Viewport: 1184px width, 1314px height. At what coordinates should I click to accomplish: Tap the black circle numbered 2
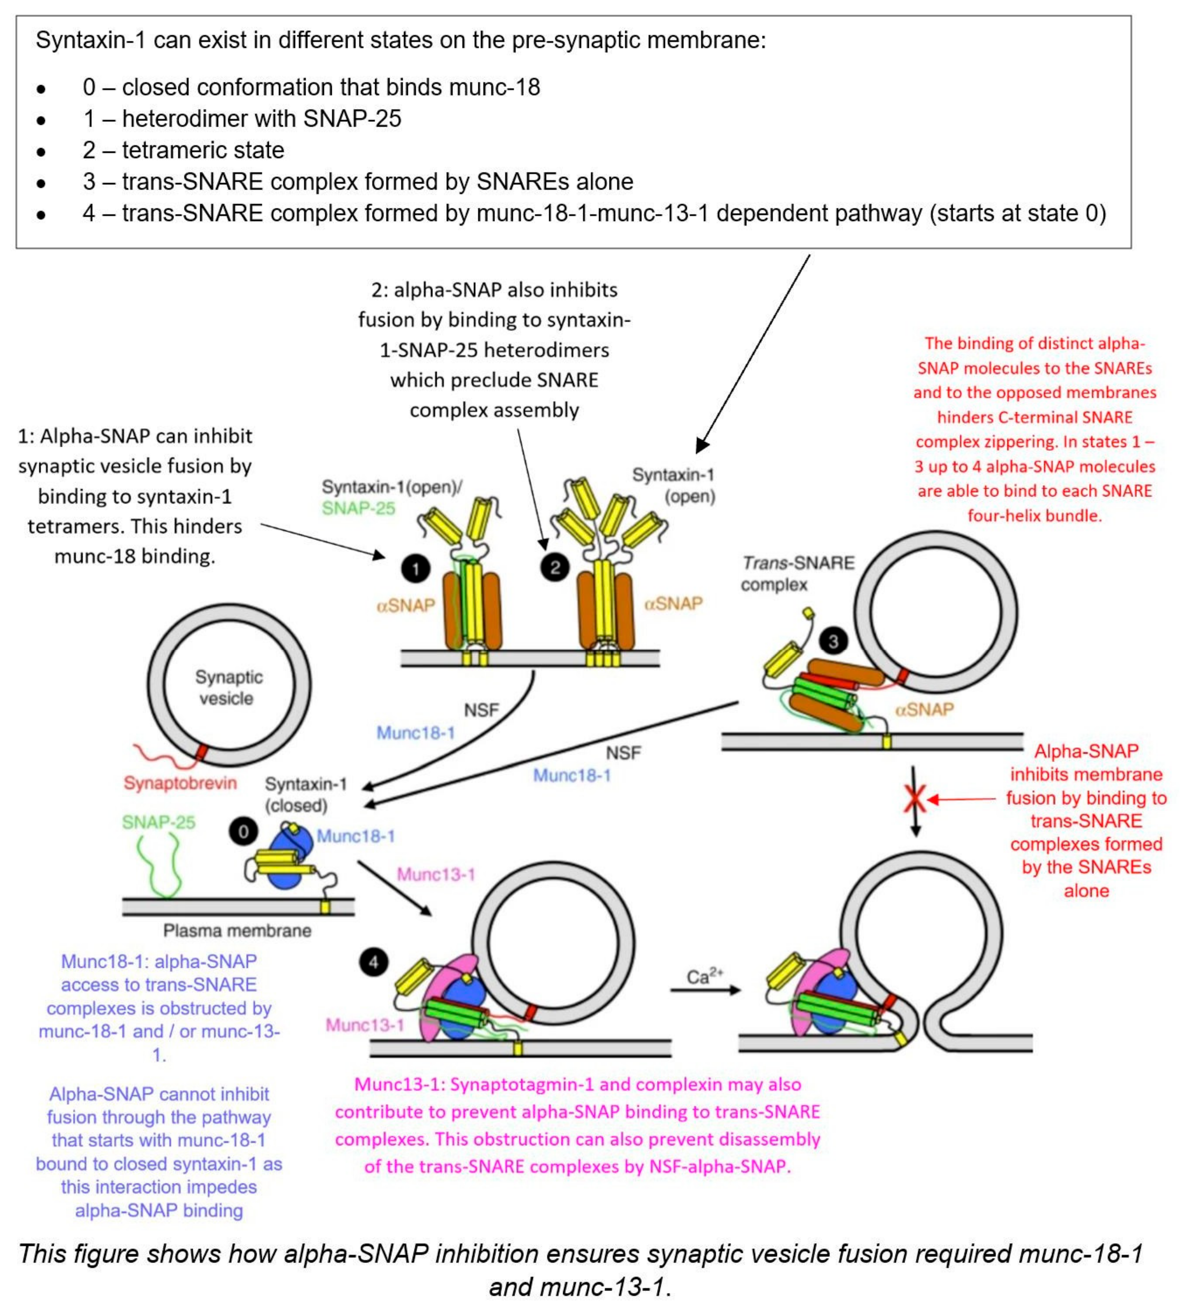[554, 568]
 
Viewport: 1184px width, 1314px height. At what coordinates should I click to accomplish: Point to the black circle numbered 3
[833, 642]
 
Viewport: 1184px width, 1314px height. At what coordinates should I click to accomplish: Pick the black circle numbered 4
[374, 963]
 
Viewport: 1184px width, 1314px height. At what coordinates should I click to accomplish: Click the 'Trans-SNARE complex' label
[798, 573]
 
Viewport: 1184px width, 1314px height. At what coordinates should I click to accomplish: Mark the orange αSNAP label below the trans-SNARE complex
[924, 709]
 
